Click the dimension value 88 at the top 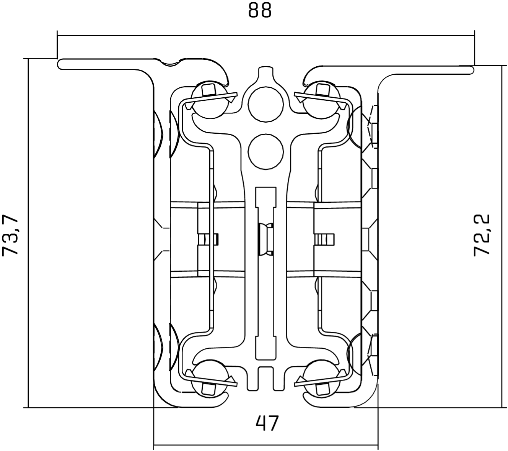point(260,11)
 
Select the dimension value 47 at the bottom point(267,423)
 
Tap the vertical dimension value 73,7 point(10,235)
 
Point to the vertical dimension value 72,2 point(482,235)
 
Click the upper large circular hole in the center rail point(266,105)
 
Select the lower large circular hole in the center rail point(266,151)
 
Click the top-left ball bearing point(210,100)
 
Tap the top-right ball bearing point(322,100)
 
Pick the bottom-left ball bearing point(210,379)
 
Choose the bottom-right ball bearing point(322,379)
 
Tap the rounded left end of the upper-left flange point(60,64)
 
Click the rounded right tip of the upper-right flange point(472,70)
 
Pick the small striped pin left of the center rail point(208,239)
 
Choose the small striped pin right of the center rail point(324,239)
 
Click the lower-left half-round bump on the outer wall point(158,347)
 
